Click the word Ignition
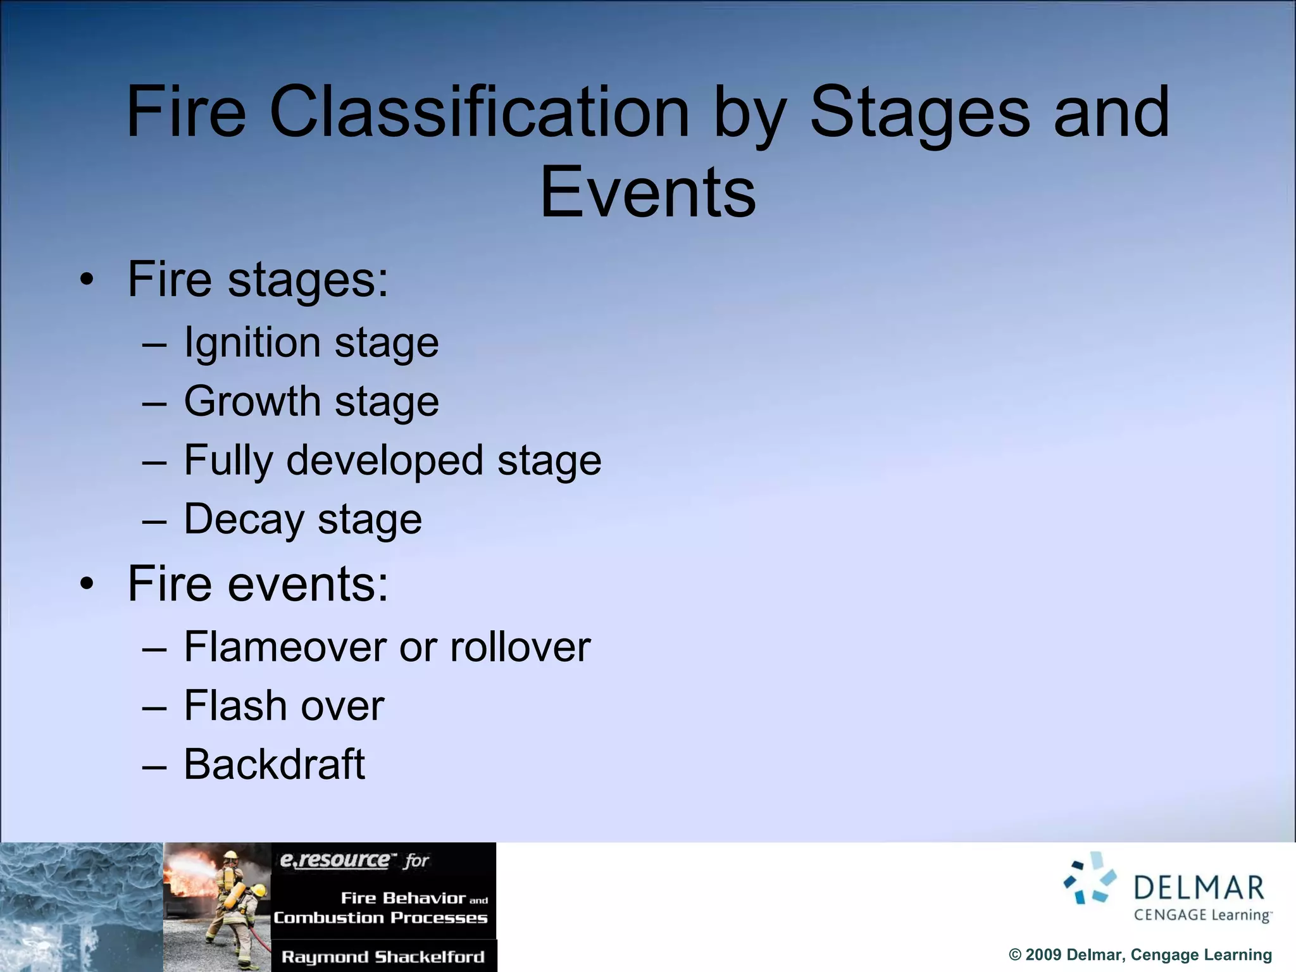coord(251,343)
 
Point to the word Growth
coord(252,401)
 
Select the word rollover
coord(520,647)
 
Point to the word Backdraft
coord(274,764)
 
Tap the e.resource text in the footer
coord(335,860)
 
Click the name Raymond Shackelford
coord(382,956)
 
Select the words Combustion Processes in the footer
coord(380,918)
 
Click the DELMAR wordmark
coord(1198,888)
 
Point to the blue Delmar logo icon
coord(1090,878)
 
